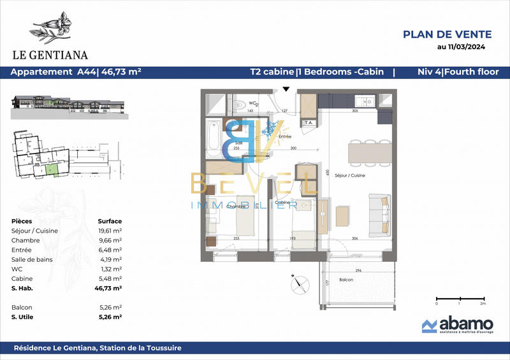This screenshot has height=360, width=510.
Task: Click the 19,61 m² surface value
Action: (x=110, y=231)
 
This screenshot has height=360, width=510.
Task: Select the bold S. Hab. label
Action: (x=23, y=288)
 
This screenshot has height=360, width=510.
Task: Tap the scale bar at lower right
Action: (x=460, y=298)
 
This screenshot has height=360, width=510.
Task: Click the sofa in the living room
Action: (x=381, y=215)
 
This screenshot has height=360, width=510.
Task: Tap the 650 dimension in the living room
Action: (x=328, y=172)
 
